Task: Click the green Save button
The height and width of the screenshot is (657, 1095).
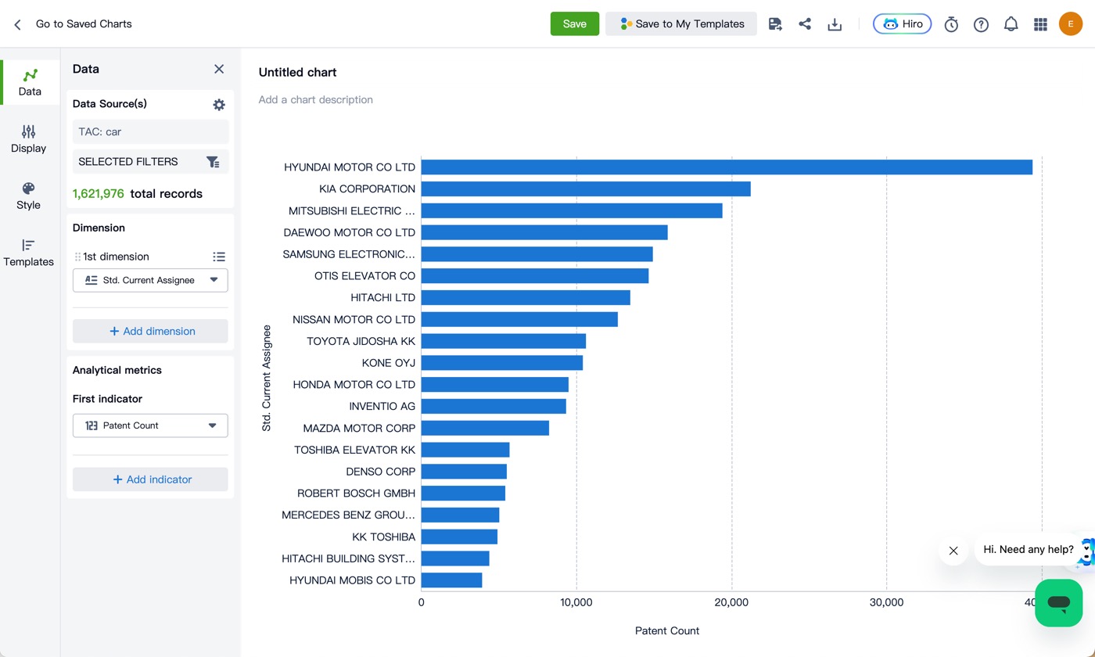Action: coord(574,23)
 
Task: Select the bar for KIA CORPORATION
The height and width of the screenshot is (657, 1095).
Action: coord(586,188)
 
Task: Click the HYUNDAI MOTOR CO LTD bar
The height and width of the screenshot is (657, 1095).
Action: coord(727,167)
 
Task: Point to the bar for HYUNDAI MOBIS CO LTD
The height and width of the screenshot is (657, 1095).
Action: coord(452,580)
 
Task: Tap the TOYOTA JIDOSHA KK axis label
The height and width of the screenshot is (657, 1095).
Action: coord(361,341)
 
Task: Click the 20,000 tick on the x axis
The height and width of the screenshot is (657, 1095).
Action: coord(731,602)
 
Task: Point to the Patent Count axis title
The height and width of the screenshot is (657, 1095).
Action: coord(666,630)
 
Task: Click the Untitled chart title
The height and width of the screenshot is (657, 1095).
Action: coord(297,72)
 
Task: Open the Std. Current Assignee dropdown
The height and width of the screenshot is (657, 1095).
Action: coord(150,280)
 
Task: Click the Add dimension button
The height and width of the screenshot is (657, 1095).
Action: coord(150,331)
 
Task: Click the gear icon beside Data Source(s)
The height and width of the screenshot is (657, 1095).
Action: coord(219,104)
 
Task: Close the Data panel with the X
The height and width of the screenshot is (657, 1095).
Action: coord(219,69)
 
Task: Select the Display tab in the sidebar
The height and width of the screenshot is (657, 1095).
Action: coord(28,139)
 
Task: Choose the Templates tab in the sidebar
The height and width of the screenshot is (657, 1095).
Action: coord(28,252)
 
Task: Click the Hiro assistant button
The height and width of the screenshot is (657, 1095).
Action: coord(902,24)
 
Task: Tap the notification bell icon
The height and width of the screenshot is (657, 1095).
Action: coord(1011,24)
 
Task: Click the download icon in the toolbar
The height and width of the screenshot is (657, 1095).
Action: coord(835,24)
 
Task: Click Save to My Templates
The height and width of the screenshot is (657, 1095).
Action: coord(681,23)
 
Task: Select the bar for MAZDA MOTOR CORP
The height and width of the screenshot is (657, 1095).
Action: coord(485,429)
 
